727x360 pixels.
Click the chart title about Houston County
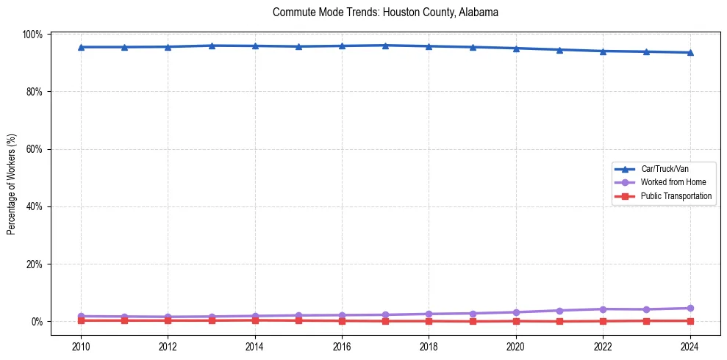[x=385, y=12]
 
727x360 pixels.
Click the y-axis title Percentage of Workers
[x=11, y=184]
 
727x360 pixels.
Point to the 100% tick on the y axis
[x=33, y=35]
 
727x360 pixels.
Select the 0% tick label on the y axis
[x=37, y=322]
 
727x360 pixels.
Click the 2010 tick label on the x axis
[x=81, y=346]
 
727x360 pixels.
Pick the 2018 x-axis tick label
[x=429, y=346]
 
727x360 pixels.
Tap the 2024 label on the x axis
[x=690, y=346]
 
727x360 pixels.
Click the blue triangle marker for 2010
[x=81, y=47]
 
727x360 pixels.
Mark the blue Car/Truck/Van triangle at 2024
[x=690, y=52]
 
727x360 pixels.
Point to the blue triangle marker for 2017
[x=385, y=46]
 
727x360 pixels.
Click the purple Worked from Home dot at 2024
[x=690, y=309]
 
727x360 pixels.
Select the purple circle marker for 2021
[x=559, y=311]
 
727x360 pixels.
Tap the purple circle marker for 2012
[x=168, y=317]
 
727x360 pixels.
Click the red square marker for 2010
[x=81, y=320]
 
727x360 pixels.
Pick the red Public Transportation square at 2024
[x=690, y=320]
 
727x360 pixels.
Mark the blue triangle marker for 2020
[x=516, y=48]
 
